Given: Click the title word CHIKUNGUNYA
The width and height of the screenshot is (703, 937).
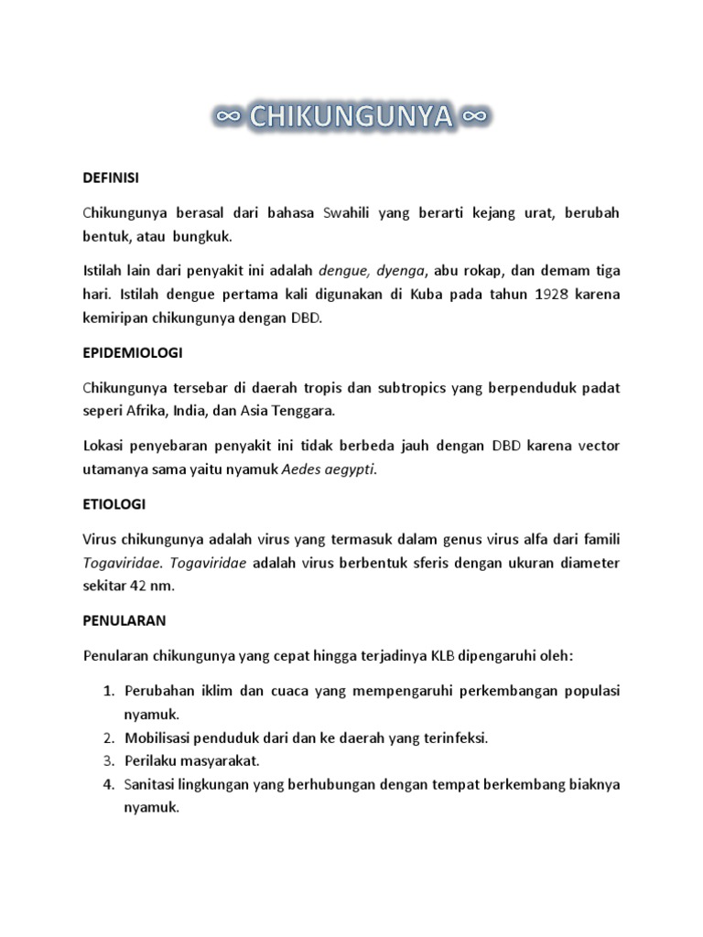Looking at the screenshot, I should pyautogui.click(x=351, y=117).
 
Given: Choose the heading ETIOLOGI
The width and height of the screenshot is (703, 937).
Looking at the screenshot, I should pyautogui.click(x=114, y=503).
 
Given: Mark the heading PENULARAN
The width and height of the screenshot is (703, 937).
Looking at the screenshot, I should pyautogui.click(x=124, y=619).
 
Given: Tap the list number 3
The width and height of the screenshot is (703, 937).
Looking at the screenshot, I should pyautogui.click(x=106, y=759).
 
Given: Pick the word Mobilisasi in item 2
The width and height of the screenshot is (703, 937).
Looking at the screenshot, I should pyautogui.click(x=159, y=738).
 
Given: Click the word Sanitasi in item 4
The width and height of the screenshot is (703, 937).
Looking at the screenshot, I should pyautogui.click(x=153, y=784).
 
